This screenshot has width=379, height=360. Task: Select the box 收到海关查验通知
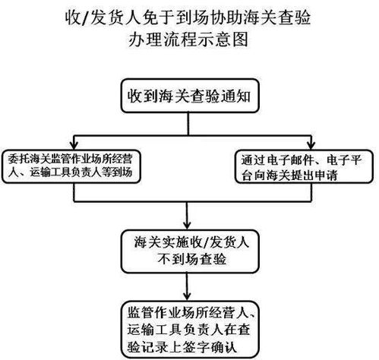pyautogui.click(x=190, y=97)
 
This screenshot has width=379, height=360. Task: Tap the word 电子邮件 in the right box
pyautogui.click(x=293, y=158)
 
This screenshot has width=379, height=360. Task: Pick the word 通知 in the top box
pyautogui.click(x=240, y=97)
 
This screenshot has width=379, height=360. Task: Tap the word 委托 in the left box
pyautogui.click(x=17, y=158)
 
